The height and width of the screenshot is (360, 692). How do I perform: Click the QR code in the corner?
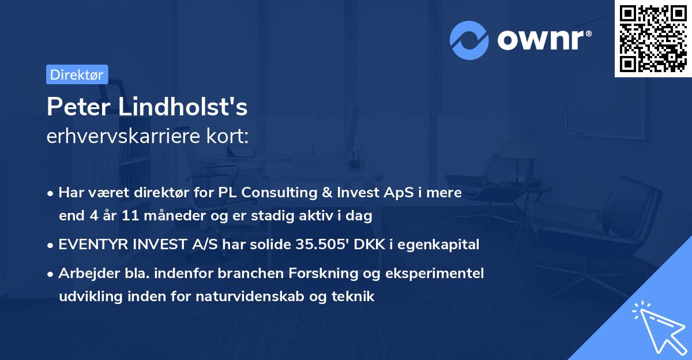tap(653, 39)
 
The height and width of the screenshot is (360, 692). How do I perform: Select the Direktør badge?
tap(77, 74)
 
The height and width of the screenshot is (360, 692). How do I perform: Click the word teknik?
tap(356, 297)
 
